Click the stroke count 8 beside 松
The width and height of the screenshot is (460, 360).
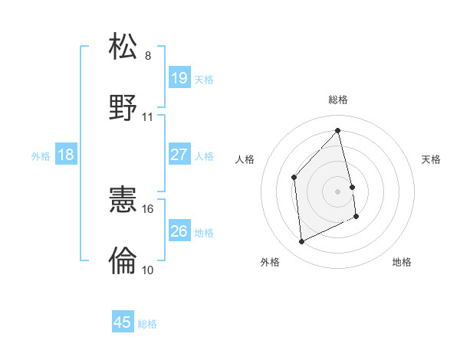coord(148,56)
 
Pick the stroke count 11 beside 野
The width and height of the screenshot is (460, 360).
coord(148,117)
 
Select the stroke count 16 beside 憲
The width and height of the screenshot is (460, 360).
coord(148,208)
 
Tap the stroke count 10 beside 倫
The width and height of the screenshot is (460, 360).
coord(148,270)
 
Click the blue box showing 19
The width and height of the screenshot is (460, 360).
coord(179,78)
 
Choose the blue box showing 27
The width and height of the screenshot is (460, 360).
coord(179,155)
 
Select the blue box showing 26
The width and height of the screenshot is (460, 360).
coord(179,231)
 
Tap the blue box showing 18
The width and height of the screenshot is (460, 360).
coord(66,155)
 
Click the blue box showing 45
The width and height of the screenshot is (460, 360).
coord(123,322)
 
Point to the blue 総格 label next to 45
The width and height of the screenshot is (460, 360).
coord(147,324)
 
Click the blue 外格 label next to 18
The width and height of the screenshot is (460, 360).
coord(41,156)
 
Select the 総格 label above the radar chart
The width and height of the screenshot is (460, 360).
coord(338,100)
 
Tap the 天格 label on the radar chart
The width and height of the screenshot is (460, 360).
coord(432,159)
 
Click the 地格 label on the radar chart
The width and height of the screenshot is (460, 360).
coord(402,262)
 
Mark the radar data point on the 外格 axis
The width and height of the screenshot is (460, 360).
coord(301,242)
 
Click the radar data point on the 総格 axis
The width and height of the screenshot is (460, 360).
coord(338,130)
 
